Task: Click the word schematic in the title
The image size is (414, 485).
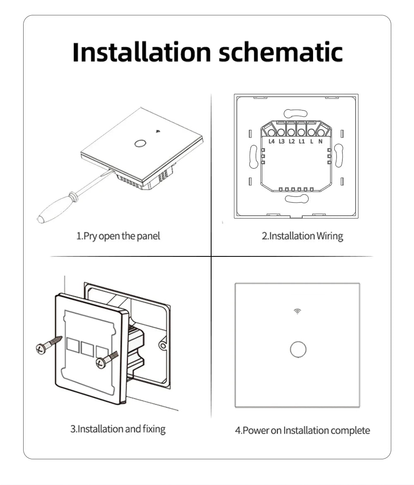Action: tap(281, 52)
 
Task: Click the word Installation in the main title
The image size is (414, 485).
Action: tap(142, 52)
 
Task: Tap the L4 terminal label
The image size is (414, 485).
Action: tap(272, 141)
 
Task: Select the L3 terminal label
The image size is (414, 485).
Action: tap(282, 141)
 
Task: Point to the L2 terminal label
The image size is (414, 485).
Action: tap(292, 141)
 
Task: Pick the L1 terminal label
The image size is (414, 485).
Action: tap(302, 141)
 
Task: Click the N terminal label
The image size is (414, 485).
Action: tap(320, 141)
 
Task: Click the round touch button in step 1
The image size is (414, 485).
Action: tap(140, 144)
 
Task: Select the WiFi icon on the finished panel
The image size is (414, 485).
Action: tap(297, 311)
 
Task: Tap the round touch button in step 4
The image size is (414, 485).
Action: tap(298, 350)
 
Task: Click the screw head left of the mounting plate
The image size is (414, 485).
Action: tap(41, 349)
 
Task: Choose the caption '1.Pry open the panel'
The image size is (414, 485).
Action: tap(118, 236)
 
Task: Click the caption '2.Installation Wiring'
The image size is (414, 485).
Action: tap(302, 236)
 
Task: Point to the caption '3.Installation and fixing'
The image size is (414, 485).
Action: tap(118, 429)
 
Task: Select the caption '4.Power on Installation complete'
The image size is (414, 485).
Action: tap(302, 430)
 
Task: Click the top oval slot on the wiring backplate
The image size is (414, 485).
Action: tap(296, 113)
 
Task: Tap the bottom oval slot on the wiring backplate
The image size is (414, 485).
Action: tap(296, 199)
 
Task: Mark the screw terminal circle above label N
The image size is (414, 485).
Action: tap(321, 133)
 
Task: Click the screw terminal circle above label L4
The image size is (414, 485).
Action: tap(271, 133)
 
